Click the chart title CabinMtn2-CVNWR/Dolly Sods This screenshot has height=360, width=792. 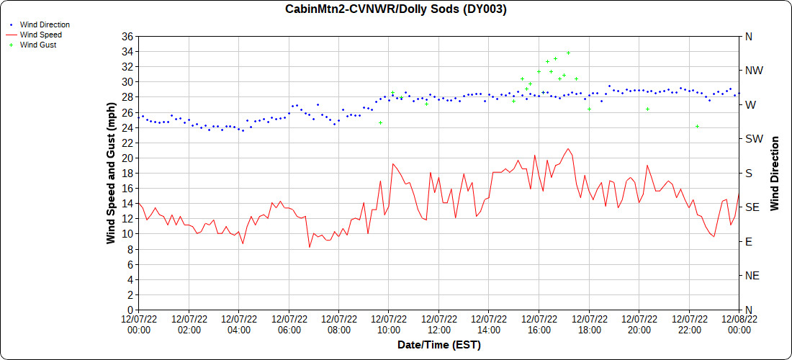(395, 9)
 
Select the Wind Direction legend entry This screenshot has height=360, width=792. (45, 24)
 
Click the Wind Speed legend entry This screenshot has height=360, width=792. (40, 35)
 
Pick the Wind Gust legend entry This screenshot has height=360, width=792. (38, 45)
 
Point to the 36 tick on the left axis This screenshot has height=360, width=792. (127, 36)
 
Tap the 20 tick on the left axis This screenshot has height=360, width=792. (127, 158)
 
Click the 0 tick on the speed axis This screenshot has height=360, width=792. (130, 310)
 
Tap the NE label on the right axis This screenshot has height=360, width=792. (750, 276)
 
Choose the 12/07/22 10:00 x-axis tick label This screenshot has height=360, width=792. (389, 324)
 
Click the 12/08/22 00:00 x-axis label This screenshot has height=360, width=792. (739, 324)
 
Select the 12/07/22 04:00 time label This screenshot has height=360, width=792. (239, 324)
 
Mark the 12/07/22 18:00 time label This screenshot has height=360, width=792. (589, 324)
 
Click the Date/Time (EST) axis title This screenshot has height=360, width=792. (438, 345)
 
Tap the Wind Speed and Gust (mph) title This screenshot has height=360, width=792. (111, 173)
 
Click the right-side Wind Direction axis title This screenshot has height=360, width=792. (775, 173)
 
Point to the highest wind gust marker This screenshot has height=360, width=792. (568, 53)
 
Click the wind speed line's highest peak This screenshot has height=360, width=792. (569, 149)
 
